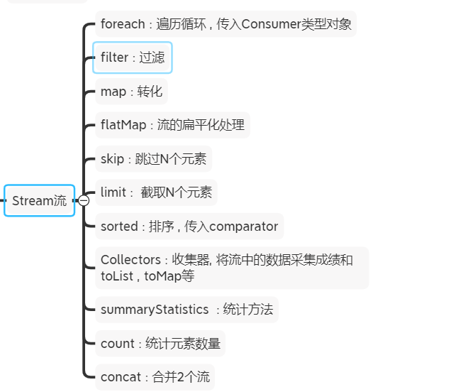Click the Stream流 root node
click(39, 200)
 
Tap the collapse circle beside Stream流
click(84, 201)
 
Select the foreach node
click(226, 24)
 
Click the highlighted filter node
click(133, 58)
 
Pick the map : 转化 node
click(131, 92)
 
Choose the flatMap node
click(172, 125)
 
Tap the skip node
click(153, 158)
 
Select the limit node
click(156, 192)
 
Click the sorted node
click(189, 226)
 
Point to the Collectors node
click(231, 268)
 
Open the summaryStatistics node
click(187, 309)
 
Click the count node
click(160, 343)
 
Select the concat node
click(155, 376)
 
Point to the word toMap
click(162, 276)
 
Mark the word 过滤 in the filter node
click(152, 58)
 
